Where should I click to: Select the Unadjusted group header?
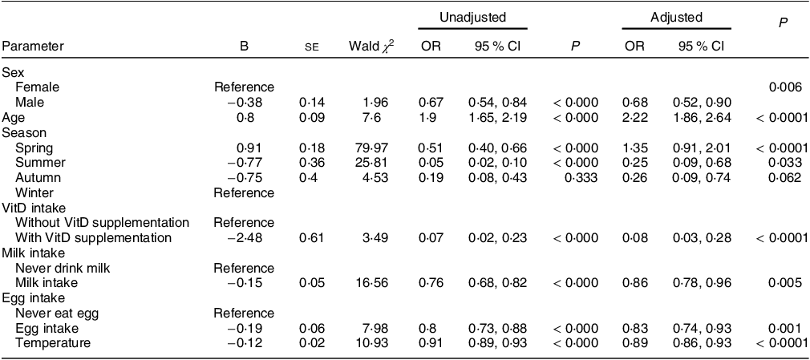click(x=472, y=18)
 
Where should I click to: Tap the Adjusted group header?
click(x=676, y=18)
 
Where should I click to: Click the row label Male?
click(x=30, y=103)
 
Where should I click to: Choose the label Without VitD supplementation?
click(x=103, y=223)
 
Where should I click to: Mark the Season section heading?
click(x=24, y=133)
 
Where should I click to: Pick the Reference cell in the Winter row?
click(x=245, y=193)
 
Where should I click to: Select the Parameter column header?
click(x=33, y=47)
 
